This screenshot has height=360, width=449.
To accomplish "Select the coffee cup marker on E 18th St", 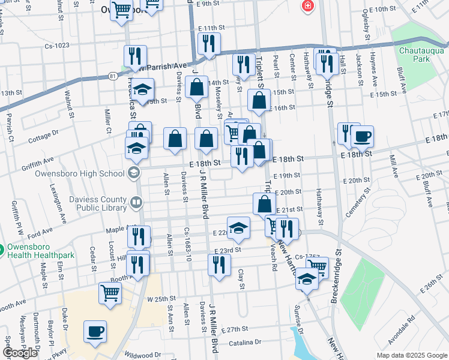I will click(x=362, y=136).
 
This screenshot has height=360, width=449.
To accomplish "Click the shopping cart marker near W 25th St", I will click(x=110, y=293).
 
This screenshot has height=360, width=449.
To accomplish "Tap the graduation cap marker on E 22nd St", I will click(x=238, y=226).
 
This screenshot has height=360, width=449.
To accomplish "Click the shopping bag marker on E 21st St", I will click(x=264, y=204).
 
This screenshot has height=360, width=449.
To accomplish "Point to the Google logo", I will click(x=20, y=353).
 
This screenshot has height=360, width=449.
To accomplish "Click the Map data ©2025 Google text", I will click(x=412, y=355).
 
